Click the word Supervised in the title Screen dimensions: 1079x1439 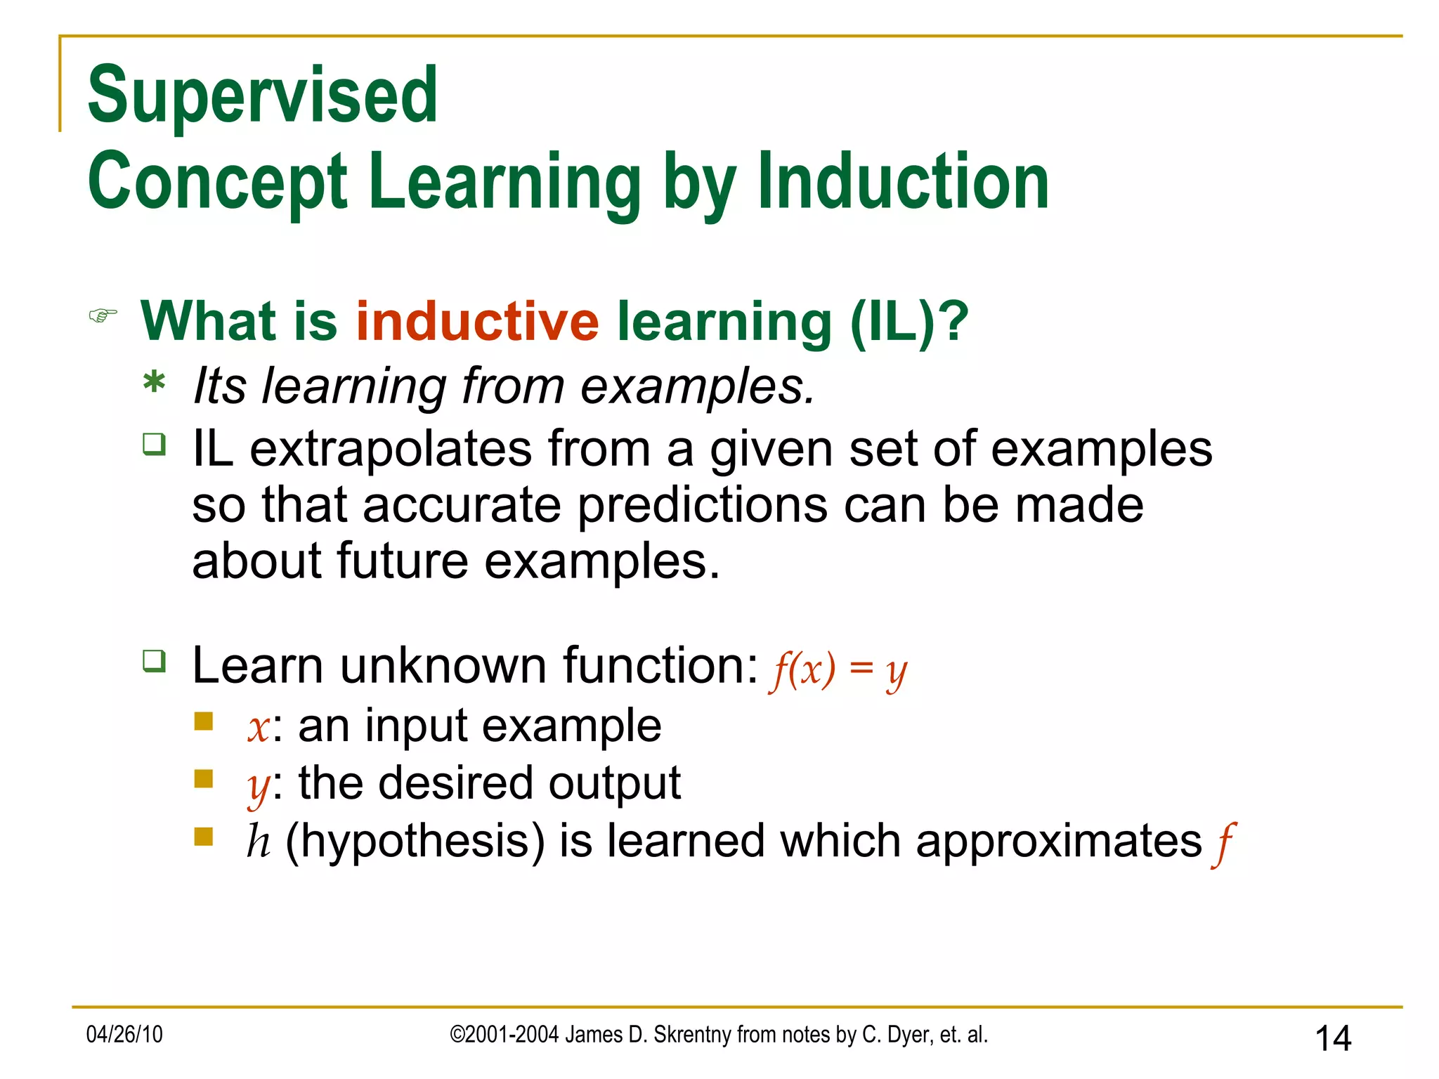click(x=262, y=95)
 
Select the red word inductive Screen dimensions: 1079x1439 click(x=477, y=321)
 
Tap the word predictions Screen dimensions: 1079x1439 click(x=703, y=506)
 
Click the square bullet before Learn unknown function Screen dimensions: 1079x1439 click(x=154, y=660)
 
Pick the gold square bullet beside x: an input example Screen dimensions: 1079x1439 click(x=204, y=721)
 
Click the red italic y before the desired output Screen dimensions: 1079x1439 click(x=257, y=787)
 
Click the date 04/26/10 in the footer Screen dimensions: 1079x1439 click(x=124, y=1034)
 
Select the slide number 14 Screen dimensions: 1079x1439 click(x=1332, y=1038)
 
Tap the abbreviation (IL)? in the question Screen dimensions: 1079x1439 click(x=909, y=321)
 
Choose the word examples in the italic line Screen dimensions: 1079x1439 click(x=696, y=386)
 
